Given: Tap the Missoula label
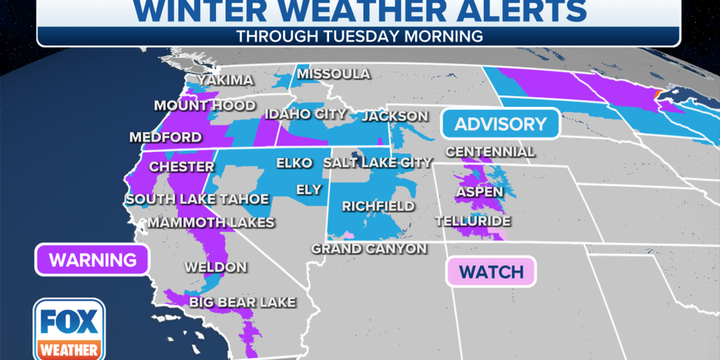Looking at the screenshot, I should click(333, 74).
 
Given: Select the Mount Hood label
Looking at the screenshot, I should click(205, 106).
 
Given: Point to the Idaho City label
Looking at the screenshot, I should click(305, 114).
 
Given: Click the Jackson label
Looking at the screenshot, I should click(394, 116).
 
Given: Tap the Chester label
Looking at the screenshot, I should click(181, 167).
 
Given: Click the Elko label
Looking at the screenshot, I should click(294, 163).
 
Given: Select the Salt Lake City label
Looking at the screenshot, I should click(378, 163).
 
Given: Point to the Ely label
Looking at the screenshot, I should click(309, 190).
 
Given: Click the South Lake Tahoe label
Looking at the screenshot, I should click(197, 200).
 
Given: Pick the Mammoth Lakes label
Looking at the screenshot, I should click(210, 223).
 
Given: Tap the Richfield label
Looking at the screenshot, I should click(378, 207).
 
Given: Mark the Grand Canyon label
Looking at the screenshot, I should click(369, 249).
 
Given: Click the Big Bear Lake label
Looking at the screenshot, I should click(242, 302).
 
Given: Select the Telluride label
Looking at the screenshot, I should click(472, 221).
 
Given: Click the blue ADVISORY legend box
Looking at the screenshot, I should click(500, 124).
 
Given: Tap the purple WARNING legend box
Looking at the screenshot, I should click(92, 260).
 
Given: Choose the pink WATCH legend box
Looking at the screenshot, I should click(491, 272).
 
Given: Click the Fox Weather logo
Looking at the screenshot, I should click(68, 329).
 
